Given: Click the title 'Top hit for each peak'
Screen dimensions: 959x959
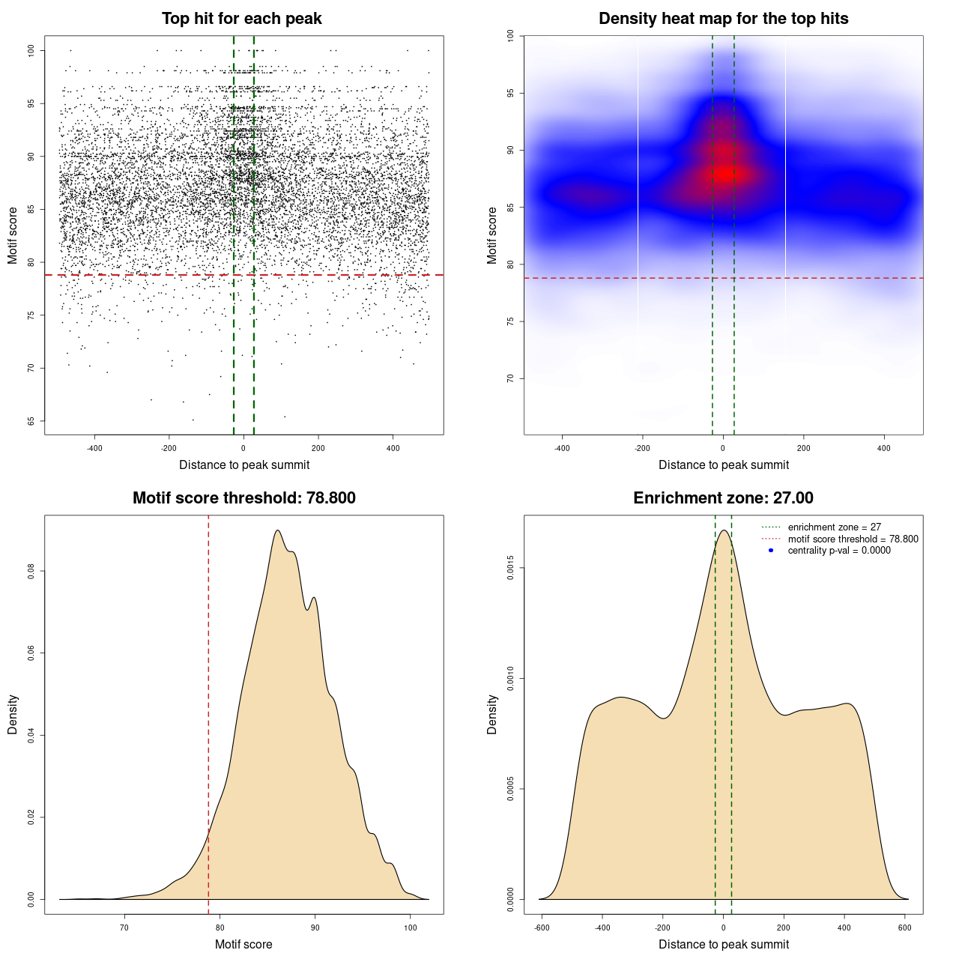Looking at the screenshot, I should (x=241, y=19).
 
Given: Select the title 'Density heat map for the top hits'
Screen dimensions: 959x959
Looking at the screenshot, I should (x=723, y=19).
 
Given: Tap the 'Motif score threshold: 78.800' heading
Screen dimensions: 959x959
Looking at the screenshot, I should (x=243, y=498).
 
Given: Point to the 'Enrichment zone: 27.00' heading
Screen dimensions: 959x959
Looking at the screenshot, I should (x=723, y=498).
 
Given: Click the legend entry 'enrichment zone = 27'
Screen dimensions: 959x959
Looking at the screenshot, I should (x=834, y=527).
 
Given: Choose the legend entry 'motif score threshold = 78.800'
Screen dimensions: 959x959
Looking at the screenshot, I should (x=853, y=539).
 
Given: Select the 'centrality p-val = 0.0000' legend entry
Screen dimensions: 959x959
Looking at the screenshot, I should (x=839, y=551).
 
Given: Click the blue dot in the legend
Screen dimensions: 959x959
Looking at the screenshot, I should (x=771, y=551).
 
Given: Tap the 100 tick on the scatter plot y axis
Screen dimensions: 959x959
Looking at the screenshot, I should (x=31, y=50).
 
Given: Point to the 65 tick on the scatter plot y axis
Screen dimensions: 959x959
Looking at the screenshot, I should (x=31, y=421).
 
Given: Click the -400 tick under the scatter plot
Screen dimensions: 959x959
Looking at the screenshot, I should (x=94, y=448).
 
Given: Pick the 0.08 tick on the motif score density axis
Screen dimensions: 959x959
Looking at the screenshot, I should (x=31, y=572).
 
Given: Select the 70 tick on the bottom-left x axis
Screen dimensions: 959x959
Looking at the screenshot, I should (x=124, y=928).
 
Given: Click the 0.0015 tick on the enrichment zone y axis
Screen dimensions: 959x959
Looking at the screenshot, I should (x=511, y=568).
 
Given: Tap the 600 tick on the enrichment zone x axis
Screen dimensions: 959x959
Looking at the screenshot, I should (x=905, y=928).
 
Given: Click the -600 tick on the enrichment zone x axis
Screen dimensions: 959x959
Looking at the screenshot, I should (x=542, y=928).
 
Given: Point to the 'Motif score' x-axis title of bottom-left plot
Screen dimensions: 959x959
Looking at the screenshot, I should (x=243, y=944).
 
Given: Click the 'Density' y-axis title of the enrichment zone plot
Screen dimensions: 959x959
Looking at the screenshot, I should (x=492, y=714).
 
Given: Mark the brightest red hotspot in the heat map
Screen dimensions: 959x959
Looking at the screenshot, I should (x=724, y=173).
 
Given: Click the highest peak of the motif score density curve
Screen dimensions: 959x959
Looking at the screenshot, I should (x=278, y=530).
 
